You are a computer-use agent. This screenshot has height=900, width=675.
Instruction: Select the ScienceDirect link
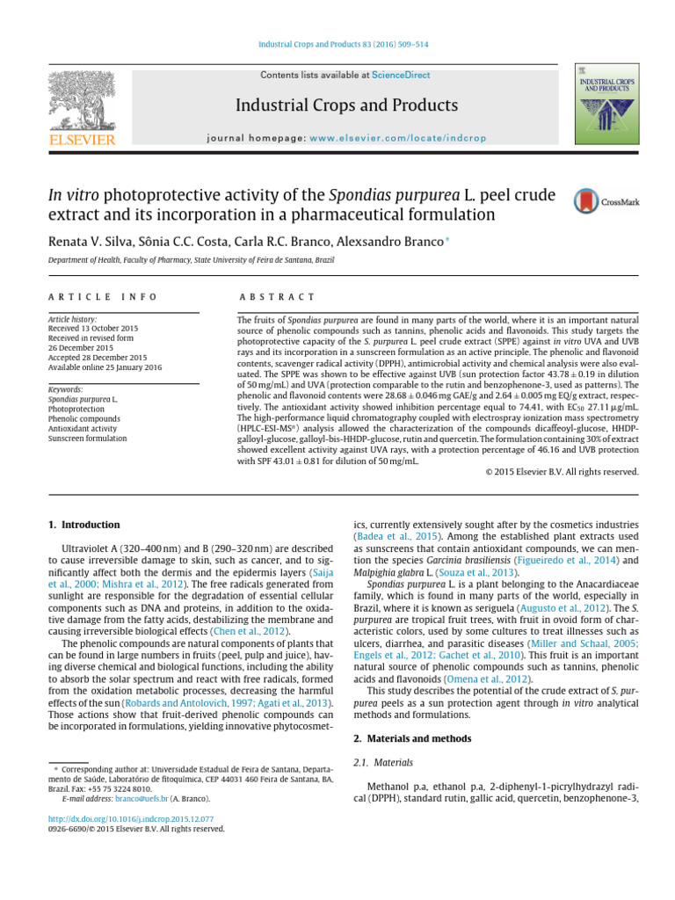[401, 76]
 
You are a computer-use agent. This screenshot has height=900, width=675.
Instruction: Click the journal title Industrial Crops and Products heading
[346, 105]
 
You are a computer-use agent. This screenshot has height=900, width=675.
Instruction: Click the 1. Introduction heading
[84, 525]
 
